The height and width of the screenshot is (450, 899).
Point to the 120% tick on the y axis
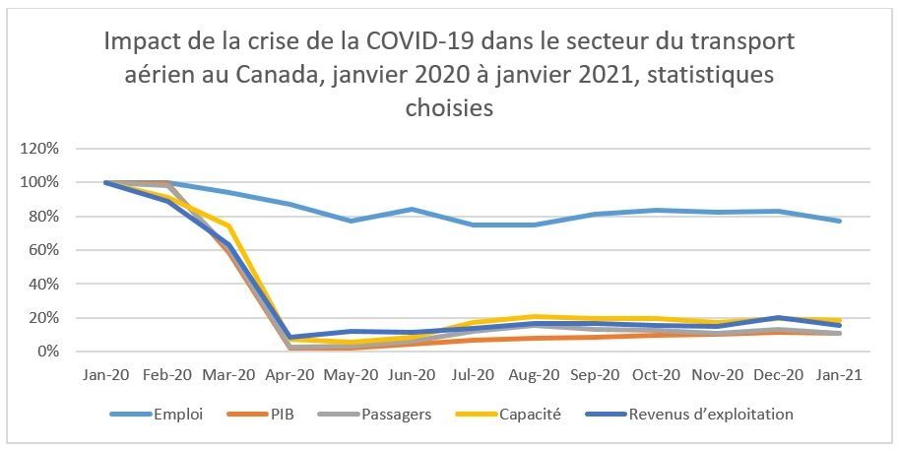(x=40, y=149)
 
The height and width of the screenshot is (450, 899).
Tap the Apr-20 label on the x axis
(x=289, y=375)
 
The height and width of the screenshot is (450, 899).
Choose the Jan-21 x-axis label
(x=838, y=375)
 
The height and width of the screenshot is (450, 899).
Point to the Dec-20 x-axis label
(x=777, y=375)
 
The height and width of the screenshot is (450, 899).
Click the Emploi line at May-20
(x=351, y=221)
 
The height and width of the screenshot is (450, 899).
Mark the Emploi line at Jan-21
(x=838, y=221)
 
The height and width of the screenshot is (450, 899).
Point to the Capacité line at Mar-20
(x=228, y=225)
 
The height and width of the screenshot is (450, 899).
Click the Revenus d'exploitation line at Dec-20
(x=777, y=317)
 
